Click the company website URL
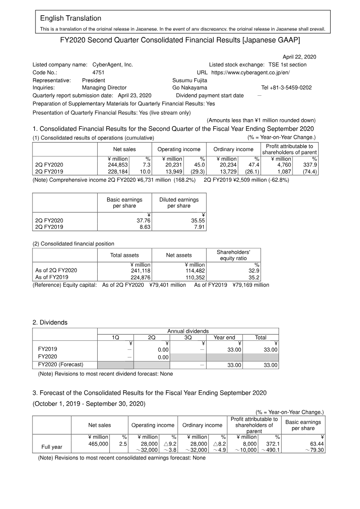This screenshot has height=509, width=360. (251, 72)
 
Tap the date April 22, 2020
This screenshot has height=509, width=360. (299, 57)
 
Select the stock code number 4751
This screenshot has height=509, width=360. (99, 72)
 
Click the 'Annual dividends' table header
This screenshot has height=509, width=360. (188, 331)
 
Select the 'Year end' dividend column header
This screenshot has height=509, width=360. (224, 337)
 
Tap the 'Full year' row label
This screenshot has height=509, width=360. (52, 447)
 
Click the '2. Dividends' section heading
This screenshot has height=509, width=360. (50, 322)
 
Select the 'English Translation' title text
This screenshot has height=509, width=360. (71, 18)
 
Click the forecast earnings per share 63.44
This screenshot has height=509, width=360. (315, 443)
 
